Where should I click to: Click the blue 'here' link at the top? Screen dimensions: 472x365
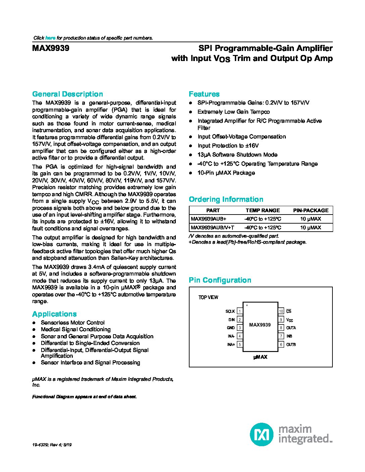pos(50,38)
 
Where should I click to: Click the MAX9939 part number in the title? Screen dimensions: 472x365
pos(51,48)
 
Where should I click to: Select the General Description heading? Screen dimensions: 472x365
pos(67,94)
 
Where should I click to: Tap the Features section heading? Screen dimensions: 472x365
pos(204,94)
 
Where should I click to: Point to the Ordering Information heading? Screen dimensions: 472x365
pos(226,199)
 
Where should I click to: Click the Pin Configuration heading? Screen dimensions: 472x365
pos(220,280)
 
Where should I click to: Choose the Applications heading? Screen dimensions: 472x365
pos(54,314)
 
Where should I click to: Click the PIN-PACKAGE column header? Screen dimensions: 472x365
pos(311,211)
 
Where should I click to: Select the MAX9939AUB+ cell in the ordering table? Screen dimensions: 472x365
pos(209,219)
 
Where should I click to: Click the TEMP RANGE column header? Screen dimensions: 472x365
pos(263,211)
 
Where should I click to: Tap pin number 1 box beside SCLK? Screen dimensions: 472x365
pos(240,311)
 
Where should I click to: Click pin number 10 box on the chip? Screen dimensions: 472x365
pos(281,311)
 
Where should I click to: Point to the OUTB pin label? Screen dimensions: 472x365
pos(291,345)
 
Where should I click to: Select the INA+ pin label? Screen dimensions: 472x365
pos(231,345)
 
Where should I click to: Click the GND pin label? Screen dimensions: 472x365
pos(231,328)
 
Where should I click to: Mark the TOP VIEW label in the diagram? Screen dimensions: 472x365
pos(208,297)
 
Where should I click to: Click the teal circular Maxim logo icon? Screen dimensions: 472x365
pos(261,434)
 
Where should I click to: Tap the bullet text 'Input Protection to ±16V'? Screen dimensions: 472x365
pos(228,146)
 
